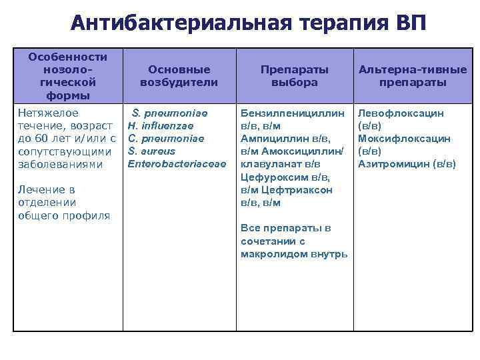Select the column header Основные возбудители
tap(179, 75)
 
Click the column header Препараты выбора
tap(294, 75)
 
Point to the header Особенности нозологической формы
tap(67, 75)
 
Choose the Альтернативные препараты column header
tap(413, 75)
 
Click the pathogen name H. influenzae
tap(161, 126)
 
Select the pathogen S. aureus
tap(151, 151)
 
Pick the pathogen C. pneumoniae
tap(166, 139)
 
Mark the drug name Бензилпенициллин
tap(293, 113)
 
